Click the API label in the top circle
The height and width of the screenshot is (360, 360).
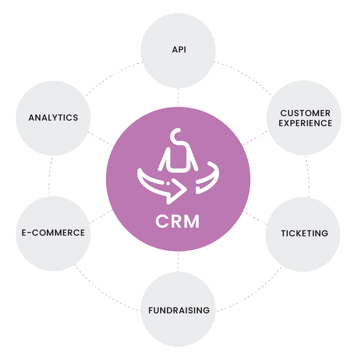(x=179, y=50)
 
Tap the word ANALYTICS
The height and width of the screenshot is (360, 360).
(x=53, y=118)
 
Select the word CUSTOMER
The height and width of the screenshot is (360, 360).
(x=305, y=113)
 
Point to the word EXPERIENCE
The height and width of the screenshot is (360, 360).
(x=305, y=123)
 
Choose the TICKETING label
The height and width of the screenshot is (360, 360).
(x=304, y=233)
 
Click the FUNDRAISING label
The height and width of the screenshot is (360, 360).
(x=179, y=310)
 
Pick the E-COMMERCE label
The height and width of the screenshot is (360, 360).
(x=53, y=233)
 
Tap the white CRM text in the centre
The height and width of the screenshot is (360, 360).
(x=178, y=221)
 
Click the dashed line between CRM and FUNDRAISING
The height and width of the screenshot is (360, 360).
(x=178, y=261)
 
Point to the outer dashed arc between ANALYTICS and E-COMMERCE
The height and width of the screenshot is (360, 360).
(x=50, y=176)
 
